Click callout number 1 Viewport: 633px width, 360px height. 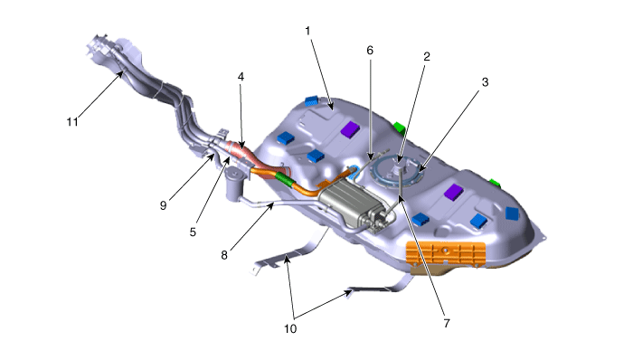(308, 31)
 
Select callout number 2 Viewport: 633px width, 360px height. (427, 56)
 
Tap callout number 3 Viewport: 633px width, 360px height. (486, 82)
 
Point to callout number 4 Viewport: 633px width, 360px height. (241, 77)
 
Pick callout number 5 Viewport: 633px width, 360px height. (193, 232)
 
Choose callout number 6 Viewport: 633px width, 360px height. (370, 50)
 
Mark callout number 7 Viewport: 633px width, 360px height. (447, 323)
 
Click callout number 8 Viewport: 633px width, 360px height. (224, 255)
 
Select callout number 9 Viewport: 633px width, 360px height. (163, 205)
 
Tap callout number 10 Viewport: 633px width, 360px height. (290, 329)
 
